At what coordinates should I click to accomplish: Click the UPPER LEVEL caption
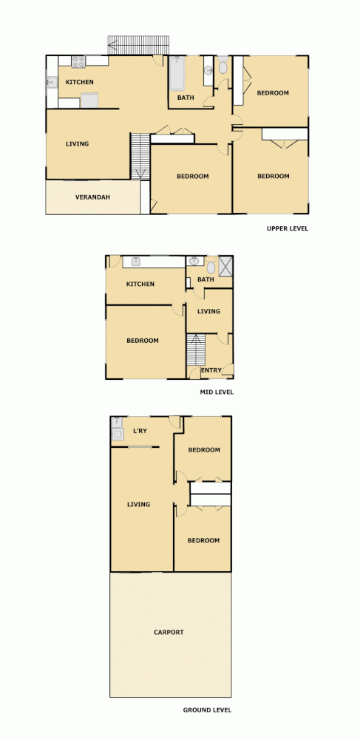(288, 228)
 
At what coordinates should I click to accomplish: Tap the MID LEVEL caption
(217, 392)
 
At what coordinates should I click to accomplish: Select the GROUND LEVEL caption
(207, 710)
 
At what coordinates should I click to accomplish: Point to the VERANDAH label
(93, 197)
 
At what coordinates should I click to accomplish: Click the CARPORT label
(169, 632)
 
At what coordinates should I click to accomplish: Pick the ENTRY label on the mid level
(211, 370)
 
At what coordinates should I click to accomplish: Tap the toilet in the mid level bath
(211, 266)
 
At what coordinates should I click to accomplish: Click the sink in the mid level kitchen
(136, 261)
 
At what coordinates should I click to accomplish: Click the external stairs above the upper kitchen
(138, 44)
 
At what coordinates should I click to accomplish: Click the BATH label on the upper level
(186, 97)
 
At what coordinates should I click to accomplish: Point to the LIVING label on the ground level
(138, 504)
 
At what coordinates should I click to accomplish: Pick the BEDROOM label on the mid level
(143, 341)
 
